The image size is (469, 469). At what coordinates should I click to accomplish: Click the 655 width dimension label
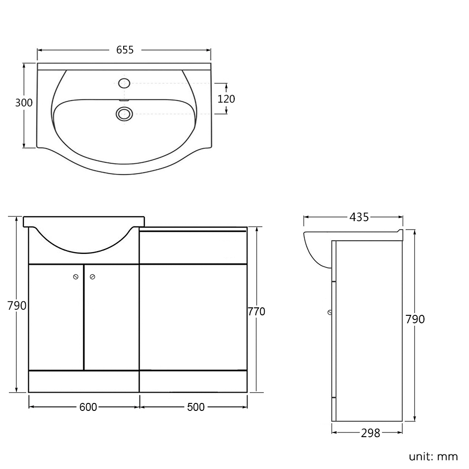[x=125, y=50]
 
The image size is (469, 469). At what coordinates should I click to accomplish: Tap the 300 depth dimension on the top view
[x=24, y=103]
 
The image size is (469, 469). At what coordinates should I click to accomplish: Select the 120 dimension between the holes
[x=226, y=99]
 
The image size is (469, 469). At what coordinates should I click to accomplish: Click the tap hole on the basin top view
[x=124, y=83]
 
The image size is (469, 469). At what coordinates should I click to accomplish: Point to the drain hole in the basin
[x=124, y=114]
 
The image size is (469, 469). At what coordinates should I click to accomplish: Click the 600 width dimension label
[x=88, y=407]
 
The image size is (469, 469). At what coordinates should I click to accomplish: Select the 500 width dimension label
[x=196, y=407]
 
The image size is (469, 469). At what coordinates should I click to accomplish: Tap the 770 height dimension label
[x=256, y=312]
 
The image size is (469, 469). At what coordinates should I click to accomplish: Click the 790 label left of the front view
[x=17, y=305]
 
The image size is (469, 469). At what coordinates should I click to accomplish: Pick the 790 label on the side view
[x=415, y=319]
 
